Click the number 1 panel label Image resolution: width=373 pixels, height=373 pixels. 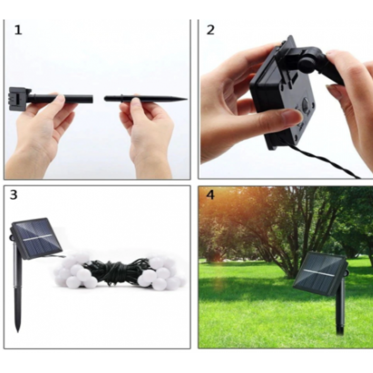[18, 30]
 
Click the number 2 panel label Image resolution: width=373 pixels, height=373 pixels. [210, 30]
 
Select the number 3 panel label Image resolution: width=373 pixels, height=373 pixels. [14, 195]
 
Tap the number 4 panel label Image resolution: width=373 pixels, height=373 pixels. [210, 195]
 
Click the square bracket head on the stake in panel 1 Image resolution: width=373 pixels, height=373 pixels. [19, 99]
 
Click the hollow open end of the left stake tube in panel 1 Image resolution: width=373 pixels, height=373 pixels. [92, 99]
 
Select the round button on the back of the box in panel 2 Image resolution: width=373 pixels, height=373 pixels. [305, 104]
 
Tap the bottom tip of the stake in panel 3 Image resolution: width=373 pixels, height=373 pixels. [17, 331]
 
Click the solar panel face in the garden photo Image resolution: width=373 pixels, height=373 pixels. [320, 273]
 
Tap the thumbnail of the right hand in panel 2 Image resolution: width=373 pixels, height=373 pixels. [334, 89]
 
